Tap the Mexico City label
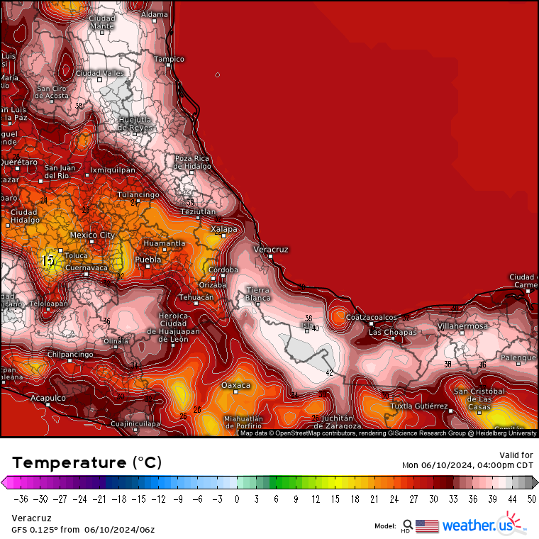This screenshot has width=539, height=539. click(92, 235)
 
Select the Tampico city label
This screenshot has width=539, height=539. click(170, 59)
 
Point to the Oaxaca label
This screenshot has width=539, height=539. click(236, 385)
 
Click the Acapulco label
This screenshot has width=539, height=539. click(48, 399)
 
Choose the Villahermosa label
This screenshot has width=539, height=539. click(462, 326)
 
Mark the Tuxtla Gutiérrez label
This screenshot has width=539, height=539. click(418, 406)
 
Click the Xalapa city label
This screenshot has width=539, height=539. click(224, 229)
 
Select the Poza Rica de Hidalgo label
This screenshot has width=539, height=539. click(192, 162)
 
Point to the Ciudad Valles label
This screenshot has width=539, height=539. click(99, 73)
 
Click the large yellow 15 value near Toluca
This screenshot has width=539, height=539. click(48, 261)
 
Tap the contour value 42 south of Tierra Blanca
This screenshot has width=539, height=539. click(329, 372)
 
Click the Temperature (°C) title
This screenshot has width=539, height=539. click(87, 462)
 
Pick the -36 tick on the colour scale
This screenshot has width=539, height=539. click(21, 499)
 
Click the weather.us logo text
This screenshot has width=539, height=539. click(476, 526)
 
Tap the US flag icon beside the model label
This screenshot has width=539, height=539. click(427, 526)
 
